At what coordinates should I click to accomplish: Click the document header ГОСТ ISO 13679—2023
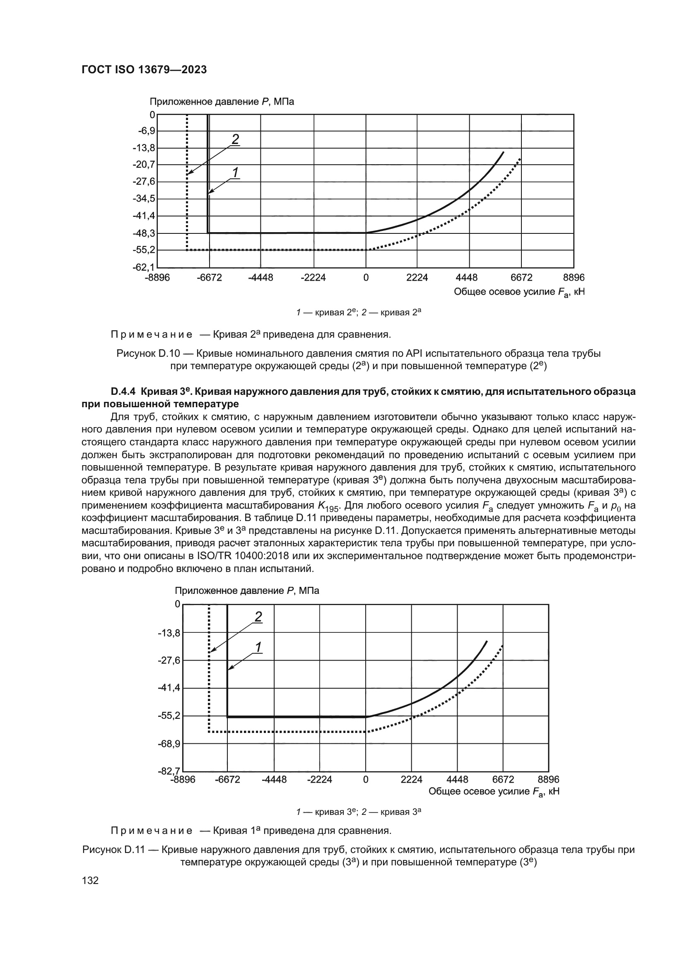coord(144,70)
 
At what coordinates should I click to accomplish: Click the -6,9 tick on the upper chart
coord(146,131)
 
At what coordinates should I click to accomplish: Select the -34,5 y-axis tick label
coord(144,199)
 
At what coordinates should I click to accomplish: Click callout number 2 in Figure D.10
coord(235,139)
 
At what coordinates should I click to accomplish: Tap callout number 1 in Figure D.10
coord(235,173)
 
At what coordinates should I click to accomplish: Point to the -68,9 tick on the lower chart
coord(169,744)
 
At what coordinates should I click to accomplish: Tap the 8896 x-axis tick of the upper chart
coord(574,278)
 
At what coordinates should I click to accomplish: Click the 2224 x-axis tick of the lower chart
coord(411,780)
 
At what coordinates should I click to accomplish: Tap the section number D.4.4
coord(123,391)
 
